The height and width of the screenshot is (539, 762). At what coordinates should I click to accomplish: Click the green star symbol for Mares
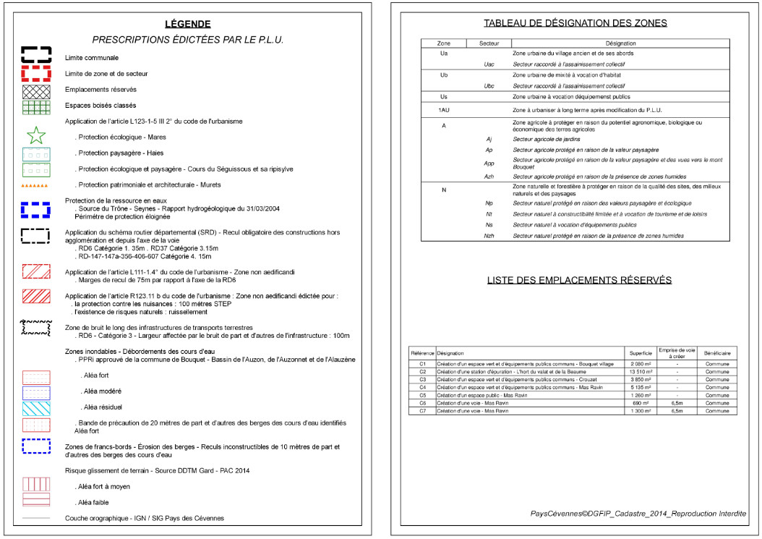coord(36,135)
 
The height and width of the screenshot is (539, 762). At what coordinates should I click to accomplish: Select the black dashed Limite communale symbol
coord(36,55)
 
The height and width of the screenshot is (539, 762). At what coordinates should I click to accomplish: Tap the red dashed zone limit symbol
coord(36,73)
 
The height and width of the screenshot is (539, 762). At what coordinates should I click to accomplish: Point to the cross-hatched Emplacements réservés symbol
coord(36,90)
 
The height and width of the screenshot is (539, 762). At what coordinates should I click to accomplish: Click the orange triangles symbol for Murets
coord(35,185)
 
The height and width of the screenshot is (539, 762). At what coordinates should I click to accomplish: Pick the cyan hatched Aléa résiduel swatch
coord(36,407)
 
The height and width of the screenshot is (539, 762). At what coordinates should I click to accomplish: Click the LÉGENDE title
coord(188,24)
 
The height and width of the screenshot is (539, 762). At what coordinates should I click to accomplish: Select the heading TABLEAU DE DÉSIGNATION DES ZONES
coord(575,23)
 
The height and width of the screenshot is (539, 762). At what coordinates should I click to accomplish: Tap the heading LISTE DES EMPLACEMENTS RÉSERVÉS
coord(579,280)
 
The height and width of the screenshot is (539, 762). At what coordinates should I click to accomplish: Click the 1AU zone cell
coord(444,110)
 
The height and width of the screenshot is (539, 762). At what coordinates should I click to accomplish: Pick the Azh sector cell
coord(489,177)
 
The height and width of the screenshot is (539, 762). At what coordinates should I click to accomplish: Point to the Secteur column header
coord(489,43)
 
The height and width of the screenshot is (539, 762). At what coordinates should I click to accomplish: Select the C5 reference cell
coord(423,395)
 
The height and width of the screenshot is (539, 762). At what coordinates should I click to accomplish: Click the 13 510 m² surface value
coord(641,371)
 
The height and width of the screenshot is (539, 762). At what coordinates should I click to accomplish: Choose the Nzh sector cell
coord(489,236)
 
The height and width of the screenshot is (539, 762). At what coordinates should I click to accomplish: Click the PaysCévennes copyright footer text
coord(638,513)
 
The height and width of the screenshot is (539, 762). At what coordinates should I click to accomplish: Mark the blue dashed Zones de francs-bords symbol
coord(36,444)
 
